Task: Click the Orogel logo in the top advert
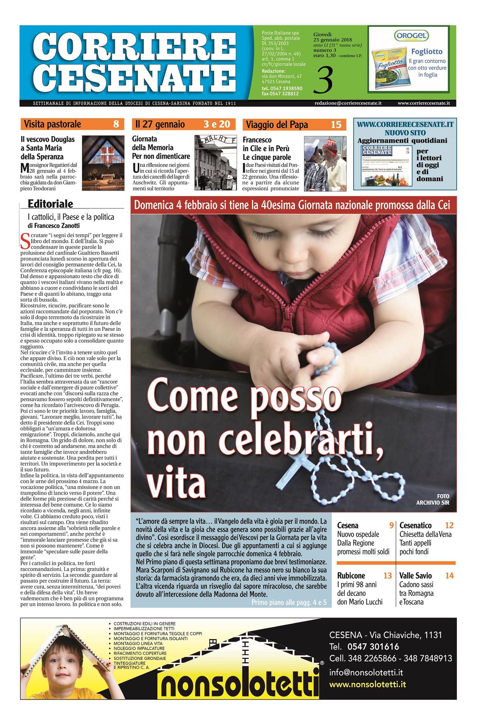coord(411,36)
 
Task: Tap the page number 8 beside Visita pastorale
coord(116,124)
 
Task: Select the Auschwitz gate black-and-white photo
coord(215,163)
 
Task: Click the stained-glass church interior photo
coord(103,163)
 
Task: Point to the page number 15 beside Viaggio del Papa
coord(336,124)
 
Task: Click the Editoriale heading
coord(50,204)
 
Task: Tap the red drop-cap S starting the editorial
coord(25,240)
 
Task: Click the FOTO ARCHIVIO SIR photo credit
coord(433,499)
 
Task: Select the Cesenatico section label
coord(415,525)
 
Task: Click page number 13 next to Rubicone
coord(387,576)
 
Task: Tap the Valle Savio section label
coord(415,576)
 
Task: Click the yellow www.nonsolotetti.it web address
coord(367,684)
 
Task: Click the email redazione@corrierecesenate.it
coord(348,103)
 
